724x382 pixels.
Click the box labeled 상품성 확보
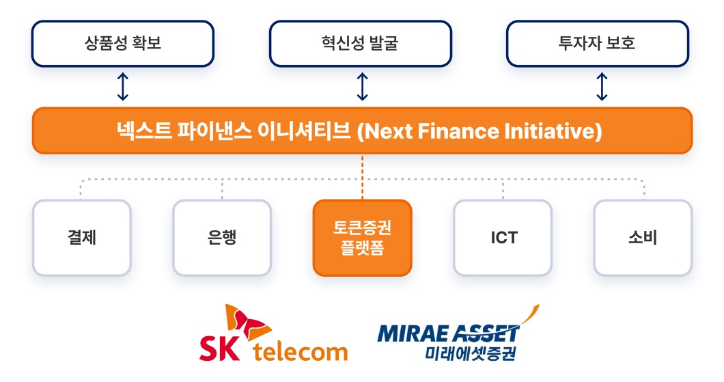(123, 44)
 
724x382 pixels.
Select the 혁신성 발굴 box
(360, 44)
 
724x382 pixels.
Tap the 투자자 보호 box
(597, 44)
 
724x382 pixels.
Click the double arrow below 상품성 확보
(123, 87)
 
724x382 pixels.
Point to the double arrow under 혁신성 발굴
(363, 87)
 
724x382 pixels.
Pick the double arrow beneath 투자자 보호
(602, 87)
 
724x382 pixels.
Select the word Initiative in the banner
(546, 131)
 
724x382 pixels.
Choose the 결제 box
(81, 238)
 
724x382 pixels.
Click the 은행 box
(222, 238)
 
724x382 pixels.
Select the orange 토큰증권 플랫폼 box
(362, 238)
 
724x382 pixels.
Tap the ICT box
(503, 238)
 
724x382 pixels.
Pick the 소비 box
(643, 238)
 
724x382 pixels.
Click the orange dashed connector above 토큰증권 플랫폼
(363, 176)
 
